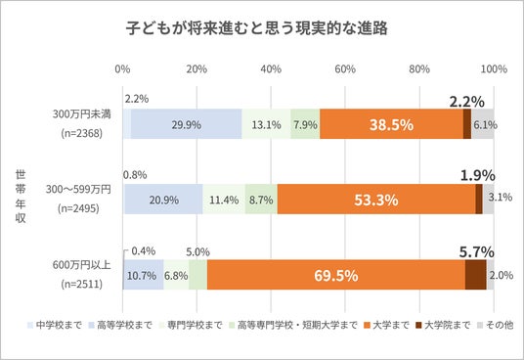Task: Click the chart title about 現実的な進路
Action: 257,28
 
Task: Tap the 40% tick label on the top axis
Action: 271,69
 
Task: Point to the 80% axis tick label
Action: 419,69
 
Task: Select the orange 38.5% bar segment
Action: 391,124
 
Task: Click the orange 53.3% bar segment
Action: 376,200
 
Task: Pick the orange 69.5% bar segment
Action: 336,275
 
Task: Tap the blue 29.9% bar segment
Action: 186,124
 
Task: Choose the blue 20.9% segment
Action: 164,200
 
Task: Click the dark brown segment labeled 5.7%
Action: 475,275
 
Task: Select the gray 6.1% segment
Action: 483,124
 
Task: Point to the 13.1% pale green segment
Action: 266,124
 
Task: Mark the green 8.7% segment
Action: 261,200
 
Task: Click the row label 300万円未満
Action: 81,114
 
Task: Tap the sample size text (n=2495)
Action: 78,208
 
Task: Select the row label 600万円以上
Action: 81,265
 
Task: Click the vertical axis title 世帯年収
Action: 21,197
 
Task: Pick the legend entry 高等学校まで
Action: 120,325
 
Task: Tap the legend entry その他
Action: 496,325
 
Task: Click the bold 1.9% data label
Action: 478,175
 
